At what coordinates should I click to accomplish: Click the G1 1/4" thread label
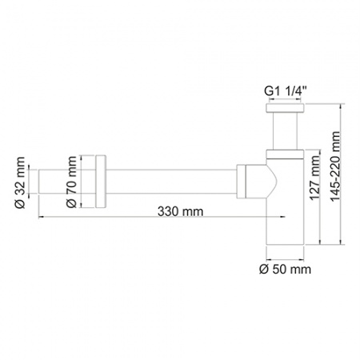click(x=285, y=91)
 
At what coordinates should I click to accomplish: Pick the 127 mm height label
click(x=313, y=192)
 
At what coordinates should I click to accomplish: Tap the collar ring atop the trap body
click(x=285, y=150)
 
